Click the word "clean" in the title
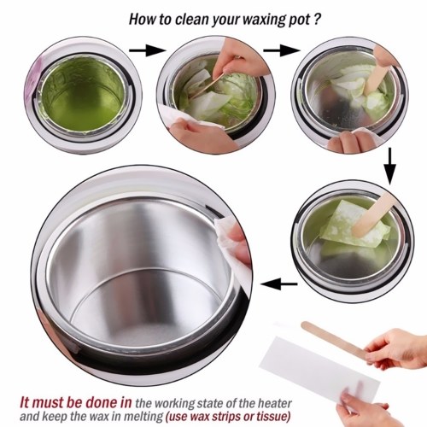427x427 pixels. [191, 20]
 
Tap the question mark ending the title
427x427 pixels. [318, 20]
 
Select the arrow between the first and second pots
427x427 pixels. [147, 50]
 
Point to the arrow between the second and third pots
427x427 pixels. [282, 50]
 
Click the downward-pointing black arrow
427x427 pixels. [389, 166]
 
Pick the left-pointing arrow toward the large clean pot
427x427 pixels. [279, 284]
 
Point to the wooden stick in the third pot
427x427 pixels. [377, 74]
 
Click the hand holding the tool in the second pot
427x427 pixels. [242, 58]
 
